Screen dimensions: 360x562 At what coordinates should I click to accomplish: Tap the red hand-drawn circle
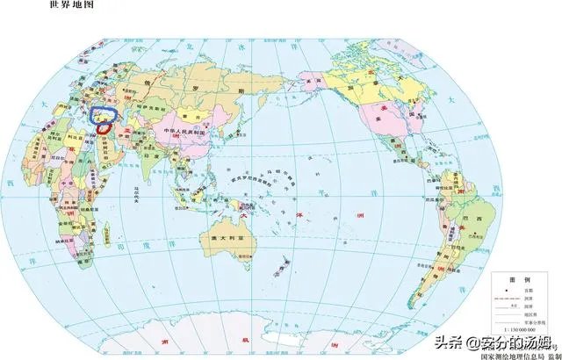click(104, 128)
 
